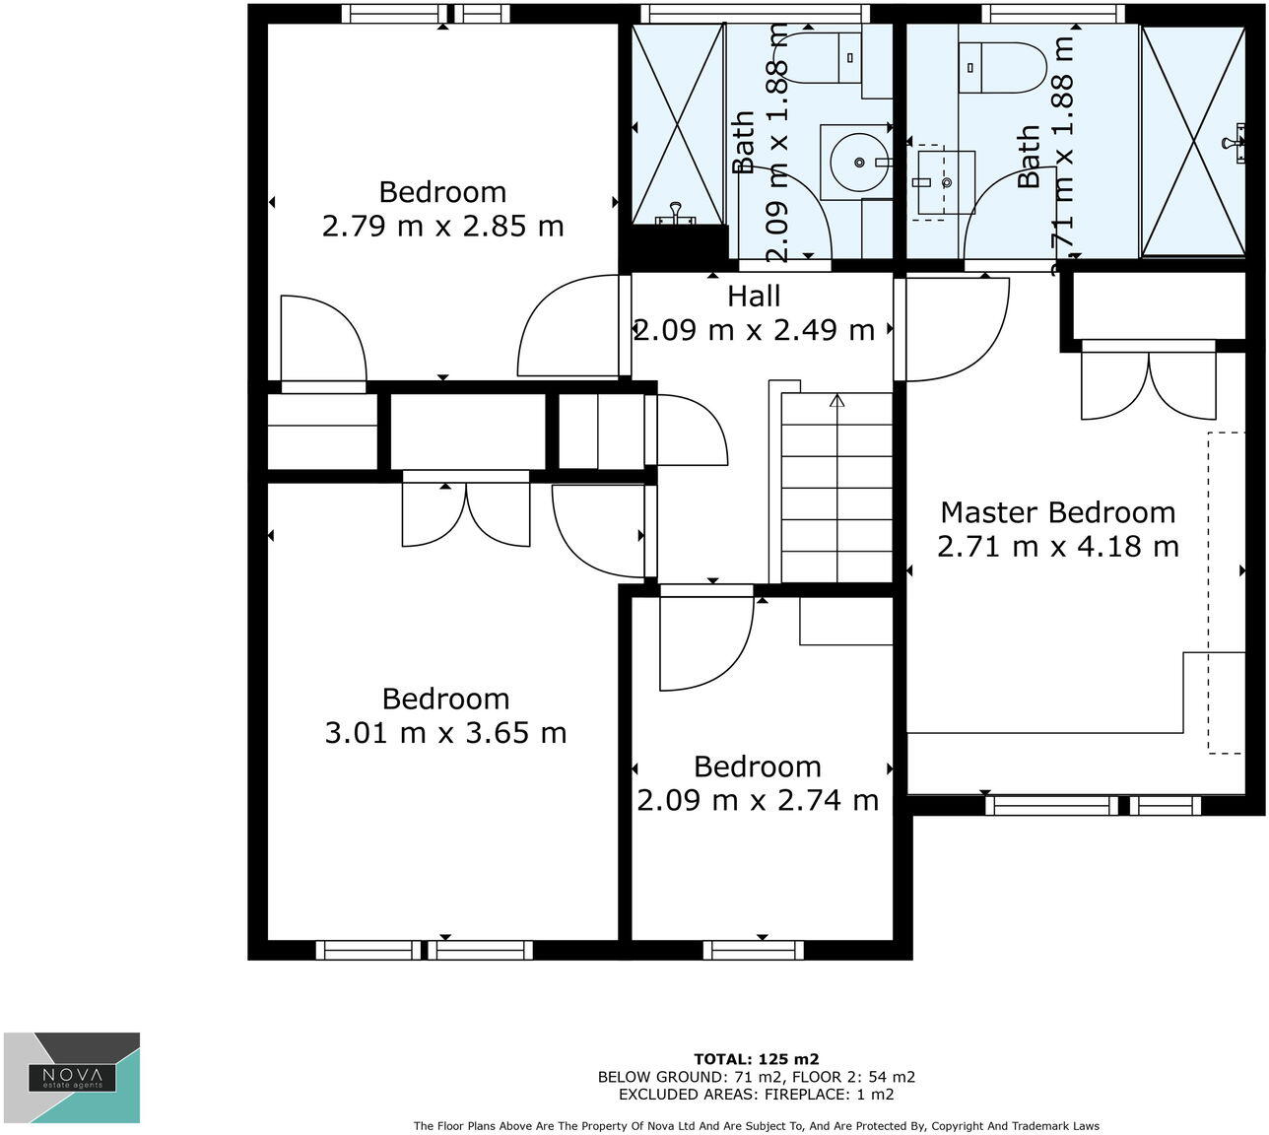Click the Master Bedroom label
(1057, 512)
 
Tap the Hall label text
(754, 297)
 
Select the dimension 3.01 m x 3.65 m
(445, 733)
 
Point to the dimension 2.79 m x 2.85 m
(442, 227)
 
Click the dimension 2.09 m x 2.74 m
(757, 800)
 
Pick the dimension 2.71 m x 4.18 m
(1057, 546)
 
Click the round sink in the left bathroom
(856, 162)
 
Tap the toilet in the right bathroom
(1002, 67)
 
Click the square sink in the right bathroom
(946, 182)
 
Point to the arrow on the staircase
(836, 401)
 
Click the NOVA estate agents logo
(72, 1077)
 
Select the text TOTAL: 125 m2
(756, 1060)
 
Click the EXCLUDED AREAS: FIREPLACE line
(756, 1094)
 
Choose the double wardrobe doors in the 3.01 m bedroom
(466, 512)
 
